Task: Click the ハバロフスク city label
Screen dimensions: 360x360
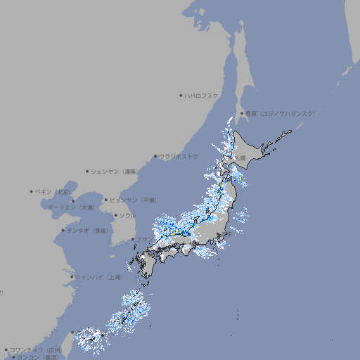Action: (x=202, y=95)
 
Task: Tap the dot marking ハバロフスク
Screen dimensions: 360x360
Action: (x=181, y=95)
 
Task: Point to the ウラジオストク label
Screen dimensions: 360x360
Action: (x=179, y=156)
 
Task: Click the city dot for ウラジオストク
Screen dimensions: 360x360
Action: (x=155, y=156)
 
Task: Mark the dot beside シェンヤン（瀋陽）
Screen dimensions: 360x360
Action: (x=88, y=171)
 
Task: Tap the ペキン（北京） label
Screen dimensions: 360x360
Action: (x=54, y=191)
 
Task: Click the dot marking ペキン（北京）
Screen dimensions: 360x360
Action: (x=32, y=191)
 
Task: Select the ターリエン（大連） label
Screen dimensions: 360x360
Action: (x=70, y=207)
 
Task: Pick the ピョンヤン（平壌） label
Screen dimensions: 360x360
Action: (x=134, y=200)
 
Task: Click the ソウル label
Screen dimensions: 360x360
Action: (x=127, y=215)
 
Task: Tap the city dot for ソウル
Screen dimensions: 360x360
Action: (x=115, y=215)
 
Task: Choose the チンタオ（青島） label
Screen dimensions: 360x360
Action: (x=88, y=230)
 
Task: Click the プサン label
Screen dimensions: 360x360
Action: (x=143, y=239)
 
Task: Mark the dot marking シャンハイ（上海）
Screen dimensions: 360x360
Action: (x=72, y=276)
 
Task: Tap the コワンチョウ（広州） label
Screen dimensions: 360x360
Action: (x=36, y=349)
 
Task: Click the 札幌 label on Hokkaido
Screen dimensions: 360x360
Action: (x=240, y=157)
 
